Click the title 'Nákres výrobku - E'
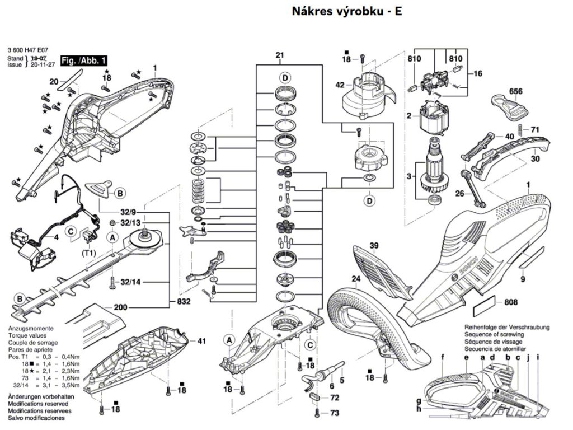point(346,11)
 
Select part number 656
point(515,90)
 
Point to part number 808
point(510,303)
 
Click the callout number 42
point(339,85)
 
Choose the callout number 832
point(184,302)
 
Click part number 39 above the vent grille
point(374,245)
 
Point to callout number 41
point(201,340)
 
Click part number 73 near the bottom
point(335,413)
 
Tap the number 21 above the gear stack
point(280,55)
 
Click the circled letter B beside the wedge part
point(119,194)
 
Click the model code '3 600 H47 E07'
point(28,50)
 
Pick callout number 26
point(459,194)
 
